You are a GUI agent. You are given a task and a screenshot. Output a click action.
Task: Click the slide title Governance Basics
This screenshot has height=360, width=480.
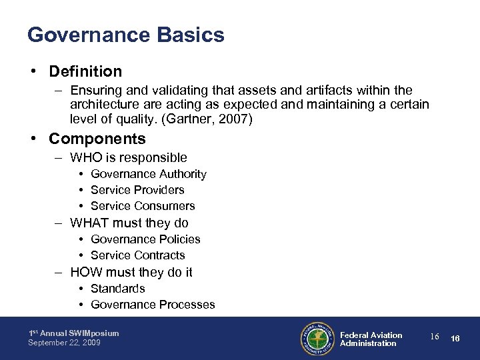point(125,35)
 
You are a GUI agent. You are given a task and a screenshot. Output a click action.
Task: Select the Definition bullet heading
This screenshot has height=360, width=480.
point(85,71)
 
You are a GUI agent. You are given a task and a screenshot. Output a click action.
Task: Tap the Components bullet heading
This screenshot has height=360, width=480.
point(97,139)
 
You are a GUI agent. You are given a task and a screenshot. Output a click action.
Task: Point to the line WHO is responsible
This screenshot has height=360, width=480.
point(128,158)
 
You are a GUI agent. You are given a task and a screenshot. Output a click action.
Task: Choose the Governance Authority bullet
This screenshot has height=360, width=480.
point(148,174)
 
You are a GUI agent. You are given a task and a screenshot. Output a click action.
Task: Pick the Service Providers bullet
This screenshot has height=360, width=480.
point(137,190)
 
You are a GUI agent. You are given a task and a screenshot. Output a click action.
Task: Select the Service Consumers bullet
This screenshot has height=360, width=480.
point(143,206)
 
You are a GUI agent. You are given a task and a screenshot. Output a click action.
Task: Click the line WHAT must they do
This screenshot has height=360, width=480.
point(129,223)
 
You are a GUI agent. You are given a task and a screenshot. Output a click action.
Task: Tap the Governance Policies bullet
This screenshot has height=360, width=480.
point(145,239)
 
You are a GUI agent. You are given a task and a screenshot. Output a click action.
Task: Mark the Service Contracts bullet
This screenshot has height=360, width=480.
point(137,255)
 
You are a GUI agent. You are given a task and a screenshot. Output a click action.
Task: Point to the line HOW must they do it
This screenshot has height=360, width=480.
point(131,272)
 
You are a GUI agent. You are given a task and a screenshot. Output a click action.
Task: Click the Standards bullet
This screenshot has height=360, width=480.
point(117,289)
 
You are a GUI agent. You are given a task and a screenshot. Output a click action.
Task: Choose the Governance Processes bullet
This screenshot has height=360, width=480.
point(153,305)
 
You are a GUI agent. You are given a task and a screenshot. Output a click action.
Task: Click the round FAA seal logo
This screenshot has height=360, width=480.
point(316,339)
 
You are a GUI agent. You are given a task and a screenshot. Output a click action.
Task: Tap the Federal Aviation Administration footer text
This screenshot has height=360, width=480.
point(371,339)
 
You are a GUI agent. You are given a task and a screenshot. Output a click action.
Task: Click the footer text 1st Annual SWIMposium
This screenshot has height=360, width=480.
point(73,333)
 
